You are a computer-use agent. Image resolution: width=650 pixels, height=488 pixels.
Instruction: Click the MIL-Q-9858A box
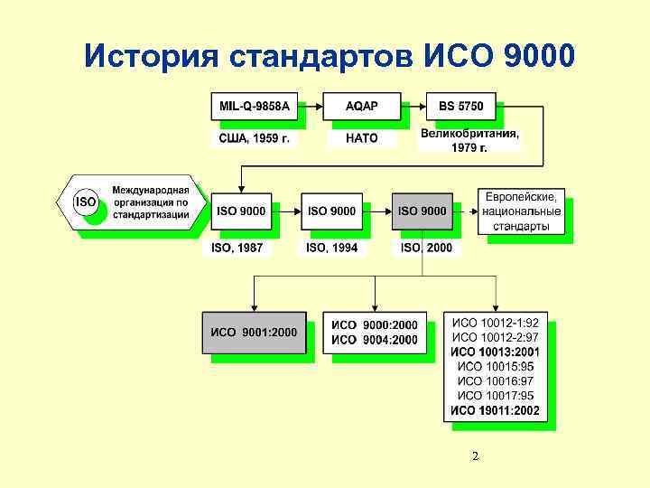(x=255, y=107)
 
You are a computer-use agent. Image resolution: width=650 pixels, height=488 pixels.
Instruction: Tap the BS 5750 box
(x=460, y=107)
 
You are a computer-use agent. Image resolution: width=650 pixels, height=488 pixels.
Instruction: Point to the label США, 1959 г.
(x=255, y=139)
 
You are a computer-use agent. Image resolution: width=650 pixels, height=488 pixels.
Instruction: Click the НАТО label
(x=361, y=139)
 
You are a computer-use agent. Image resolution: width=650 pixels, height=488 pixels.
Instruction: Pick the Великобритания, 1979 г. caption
(x=469, y=140)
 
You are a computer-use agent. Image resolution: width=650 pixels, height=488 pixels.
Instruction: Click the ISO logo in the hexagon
(x=86, y=202)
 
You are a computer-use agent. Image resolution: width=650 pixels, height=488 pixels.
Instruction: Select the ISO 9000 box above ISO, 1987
(x=241, y=211)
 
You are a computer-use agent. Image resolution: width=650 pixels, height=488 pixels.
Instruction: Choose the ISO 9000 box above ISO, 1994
(x=331, y=211)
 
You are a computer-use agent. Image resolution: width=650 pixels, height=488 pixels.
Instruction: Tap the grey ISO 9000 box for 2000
(x=422, y=211)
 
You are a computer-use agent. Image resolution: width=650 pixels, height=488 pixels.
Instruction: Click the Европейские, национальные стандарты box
(x=521, y=211)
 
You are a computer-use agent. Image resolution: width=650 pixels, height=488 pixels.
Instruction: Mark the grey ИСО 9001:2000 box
(x=254, y=332)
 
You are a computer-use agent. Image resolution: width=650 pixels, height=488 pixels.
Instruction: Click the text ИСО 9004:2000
(x=375, y=340)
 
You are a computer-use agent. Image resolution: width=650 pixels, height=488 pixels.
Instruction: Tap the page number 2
(x=475, y=457)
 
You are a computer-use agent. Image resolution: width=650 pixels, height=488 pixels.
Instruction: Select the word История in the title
(x=150, y=56)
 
